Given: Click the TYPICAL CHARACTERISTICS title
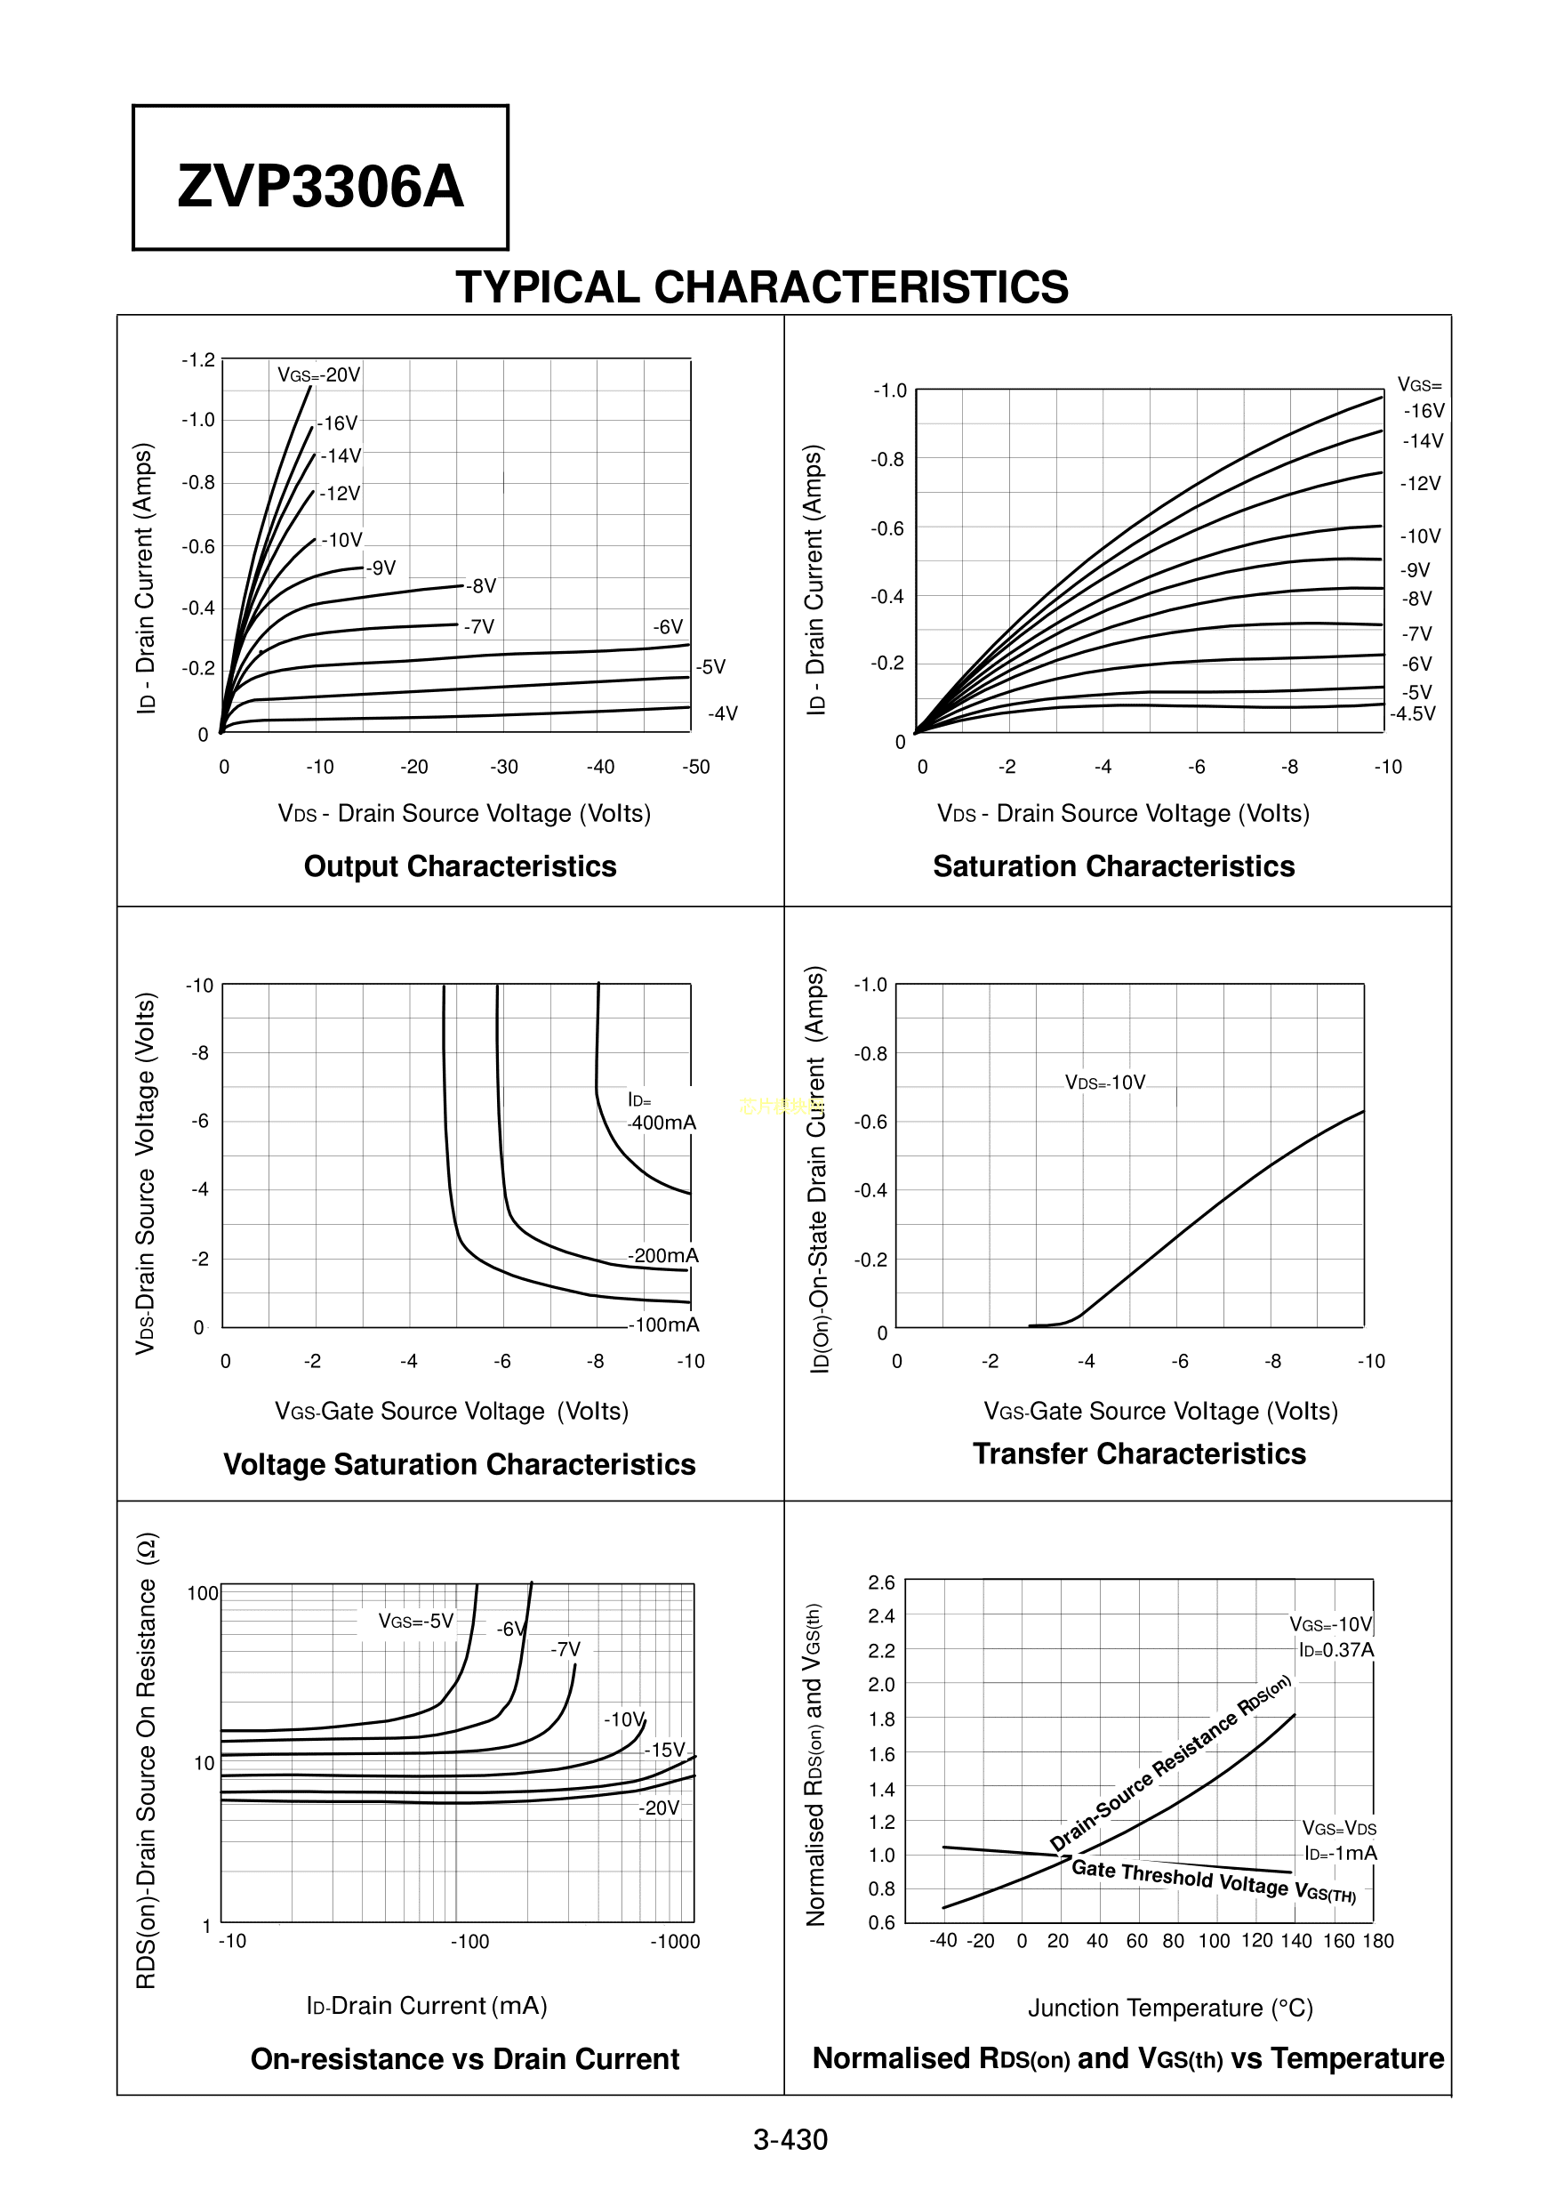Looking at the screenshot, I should coord(761,287).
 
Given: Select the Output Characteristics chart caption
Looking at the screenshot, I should coord(460,866).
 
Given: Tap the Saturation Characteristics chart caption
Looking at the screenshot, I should coord(1113,866).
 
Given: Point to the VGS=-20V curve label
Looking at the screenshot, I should coord(319,374).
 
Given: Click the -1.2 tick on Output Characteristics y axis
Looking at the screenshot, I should coord(198,360).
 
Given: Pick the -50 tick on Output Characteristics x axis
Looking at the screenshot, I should coord(695,767).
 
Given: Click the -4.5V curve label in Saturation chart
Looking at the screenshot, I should coord(1412,713).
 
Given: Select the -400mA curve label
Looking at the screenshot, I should coord(662,1123).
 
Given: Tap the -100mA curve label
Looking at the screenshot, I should coord(664,1324).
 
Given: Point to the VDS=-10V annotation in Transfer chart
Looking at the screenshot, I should coord(1104,1083).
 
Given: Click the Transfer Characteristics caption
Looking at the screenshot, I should coord(1138,1453).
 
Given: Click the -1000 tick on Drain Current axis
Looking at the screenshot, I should coord(674,1941).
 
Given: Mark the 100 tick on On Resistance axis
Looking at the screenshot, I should coord(202,1593).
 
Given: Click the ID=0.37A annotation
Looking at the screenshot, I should coord(1335,1649).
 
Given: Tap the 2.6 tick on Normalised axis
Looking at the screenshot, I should coord(881,1582).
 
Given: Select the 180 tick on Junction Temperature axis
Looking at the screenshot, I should coord(1377,1940).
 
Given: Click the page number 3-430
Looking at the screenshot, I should coord(790,2139).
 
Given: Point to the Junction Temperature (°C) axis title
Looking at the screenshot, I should coord(1170,2008).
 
